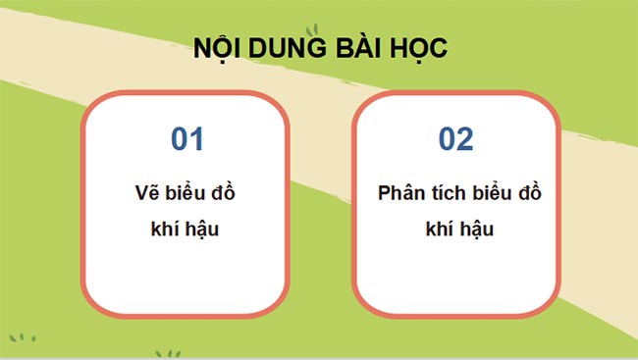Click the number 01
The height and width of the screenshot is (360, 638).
tap(186, 139)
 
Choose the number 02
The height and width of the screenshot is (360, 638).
tap(455, 139)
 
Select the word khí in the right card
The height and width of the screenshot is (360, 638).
tap(438, 230)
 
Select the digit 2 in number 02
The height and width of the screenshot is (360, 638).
tap(465, 139)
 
